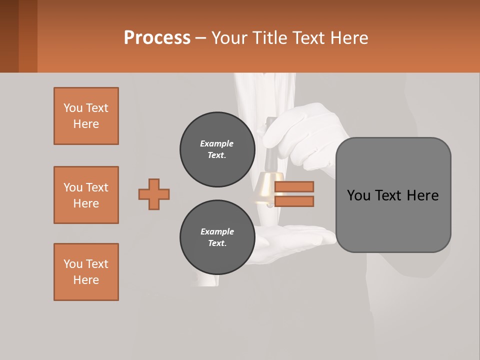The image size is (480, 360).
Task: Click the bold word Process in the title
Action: [157, 37]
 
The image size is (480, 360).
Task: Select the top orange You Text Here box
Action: [86, 116]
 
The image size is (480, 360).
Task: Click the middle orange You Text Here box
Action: [86, 195]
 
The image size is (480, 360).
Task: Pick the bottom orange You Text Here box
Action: [86, 272]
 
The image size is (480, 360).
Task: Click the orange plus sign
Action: [154, 194]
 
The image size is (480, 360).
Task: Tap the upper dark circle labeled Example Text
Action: [217, 149]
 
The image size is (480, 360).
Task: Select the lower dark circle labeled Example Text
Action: [217, 237]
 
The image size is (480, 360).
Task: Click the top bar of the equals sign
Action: [294, 186]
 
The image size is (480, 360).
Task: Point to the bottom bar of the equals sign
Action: [294, 201]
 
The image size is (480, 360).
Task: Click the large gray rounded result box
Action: [393, 195]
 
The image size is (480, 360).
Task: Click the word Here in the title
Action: [349, 37]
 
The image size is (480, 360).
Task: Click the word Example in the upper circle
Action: [217, 143]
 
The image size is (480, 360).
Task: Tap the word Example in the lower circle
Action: [217, 231]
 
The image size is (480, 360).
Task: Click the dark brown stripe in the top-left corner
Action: [9, 36]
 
